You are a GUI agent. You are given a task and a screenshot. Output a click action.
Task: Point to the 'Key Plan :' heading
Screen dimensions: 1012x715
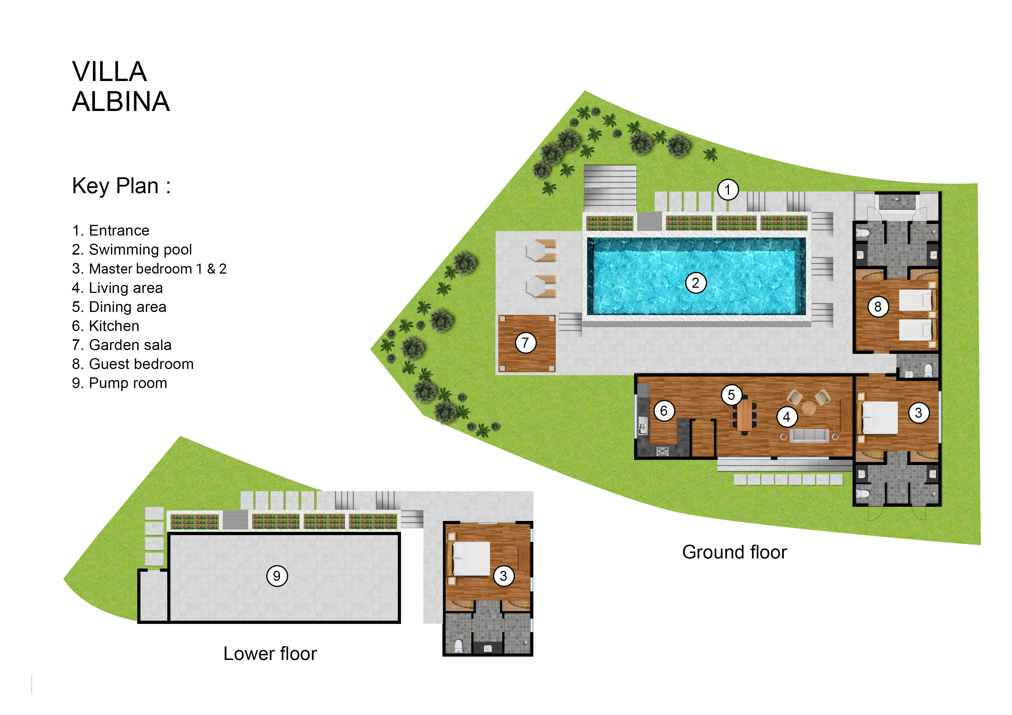(121, 186)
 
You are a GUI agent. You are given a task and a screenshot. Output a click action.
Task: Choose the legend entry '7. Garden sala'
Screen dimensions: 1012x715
(122, 345)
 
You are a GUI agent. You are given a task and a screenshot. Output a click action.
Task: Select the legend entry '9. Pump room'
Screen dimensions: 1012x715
(119, 383)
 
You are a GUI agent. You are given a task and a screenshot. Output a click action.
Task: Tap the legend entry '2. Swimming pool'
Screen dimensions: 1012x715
(132, 250)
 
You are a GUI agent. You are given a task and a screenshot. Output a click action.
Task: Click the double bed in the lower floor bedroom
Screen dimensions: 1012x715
(471, 559)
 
